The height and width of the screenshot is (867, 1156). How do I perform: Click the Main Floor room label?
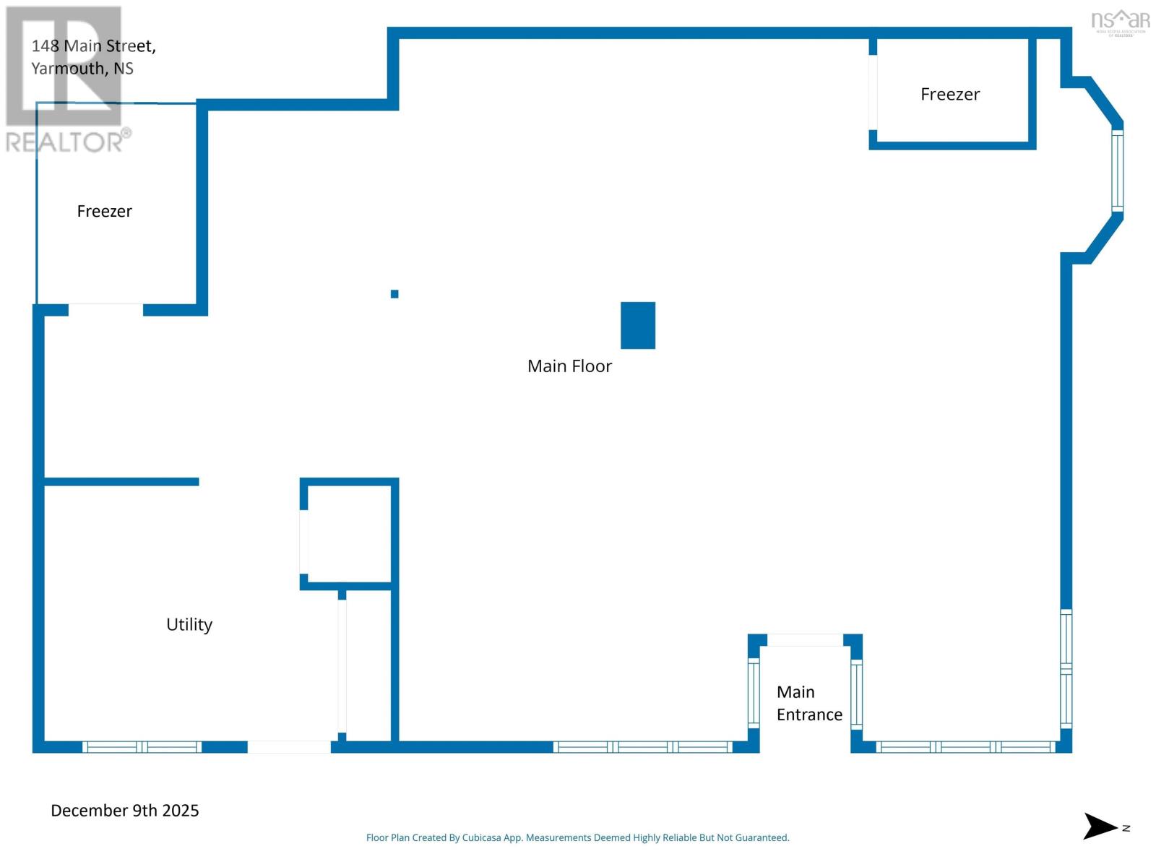tap(569, 366)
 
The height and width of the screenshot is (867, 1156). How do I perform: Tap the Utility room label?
tap(189, 624)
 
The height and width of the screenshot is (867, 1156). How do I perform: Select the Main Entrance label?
tap(809, 703)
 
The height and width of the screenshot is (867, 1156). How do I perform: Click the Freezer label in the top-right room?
tap(950, 95)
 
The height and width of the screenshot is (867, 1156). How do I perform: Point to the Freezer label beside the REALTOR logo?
tap(105, 211)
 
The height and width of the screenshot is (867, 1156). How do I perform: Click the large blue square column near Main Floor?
tap(638, 325)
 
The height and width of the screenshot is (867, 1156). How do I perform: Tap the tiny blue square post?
tap(394, 294)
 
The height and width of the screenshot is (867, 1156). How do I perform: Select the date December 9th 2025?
tap(125, 811)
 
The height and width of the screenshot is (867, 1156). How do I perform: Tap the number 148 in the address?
tap(45, 46)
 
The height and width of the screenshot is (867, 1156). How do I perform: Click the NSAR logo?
tap(1120, 21)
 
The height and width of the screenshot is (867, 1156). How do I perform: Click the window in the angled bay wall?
tap(1117, 171)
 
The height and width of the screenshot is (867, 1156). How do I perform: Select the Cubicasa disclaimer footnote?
tap(577, 838)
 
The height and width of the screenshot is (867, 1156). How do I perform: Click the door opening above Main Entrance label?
tap(805, 640)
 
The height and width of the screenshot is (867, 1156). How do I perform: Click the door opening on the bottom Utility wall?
tap(289, 747)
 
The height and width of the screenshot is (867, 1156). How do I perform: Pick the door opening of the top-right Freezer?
tap(873, 92)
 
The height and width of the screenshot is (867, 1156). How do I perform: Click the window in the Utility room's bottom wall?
tap(142, 747)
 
